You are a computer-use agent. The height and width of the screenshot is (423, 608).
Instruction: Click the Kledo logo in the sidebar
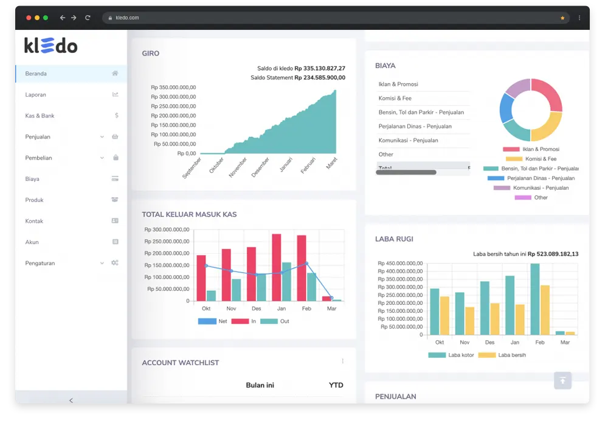click(x=50, y=45)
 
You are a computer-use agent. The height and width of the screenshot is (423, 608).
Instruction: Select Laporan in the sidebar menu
click(x=36, y=95)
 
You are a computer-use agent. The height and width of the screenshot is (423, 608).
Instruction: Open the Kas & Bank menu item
click(x=40, y=116)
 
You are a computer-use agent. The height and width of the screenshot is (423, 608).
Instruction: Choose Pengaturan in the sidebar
click(x=40, y=264)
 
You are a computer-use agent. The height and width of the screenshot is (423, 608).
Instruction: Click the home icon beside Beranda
click(x=115, y=74)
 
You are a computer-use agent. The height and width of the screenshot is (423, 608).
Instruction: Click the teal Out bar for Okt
click(x=211, y=295)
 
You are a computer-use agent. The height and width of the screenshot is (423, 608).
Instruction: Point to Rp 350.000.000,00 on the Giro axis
click(x=173, y=88)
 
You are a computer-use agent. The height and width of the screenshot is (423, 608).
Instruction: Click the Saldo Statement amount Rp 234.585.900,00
click(x=320, y=78)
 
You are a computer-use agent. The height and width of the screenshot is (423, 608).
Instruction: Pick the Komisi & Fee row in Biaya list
click(x=395, y=98)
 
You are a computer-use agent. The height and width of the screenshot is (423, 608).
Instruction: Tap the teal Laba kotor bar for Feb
click(x=534, y=299)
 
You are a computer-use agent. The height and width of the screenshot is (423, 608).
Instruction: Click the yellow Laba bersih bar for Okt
click(x=444, y=315)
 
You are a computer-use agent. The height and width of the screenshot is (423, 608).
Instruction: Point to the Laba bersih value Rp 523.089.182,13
click(x=553, y=254)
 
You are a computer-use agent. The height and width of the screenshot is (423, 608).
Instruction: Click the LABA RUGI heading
click(x=395, y=239)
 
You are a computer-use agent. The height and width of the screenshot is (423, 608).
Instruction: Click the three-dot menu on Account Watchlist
click(x=342, y=362)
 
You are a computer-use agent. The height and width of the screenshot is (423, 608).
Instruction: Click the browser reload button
click(x=88, y=18)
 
